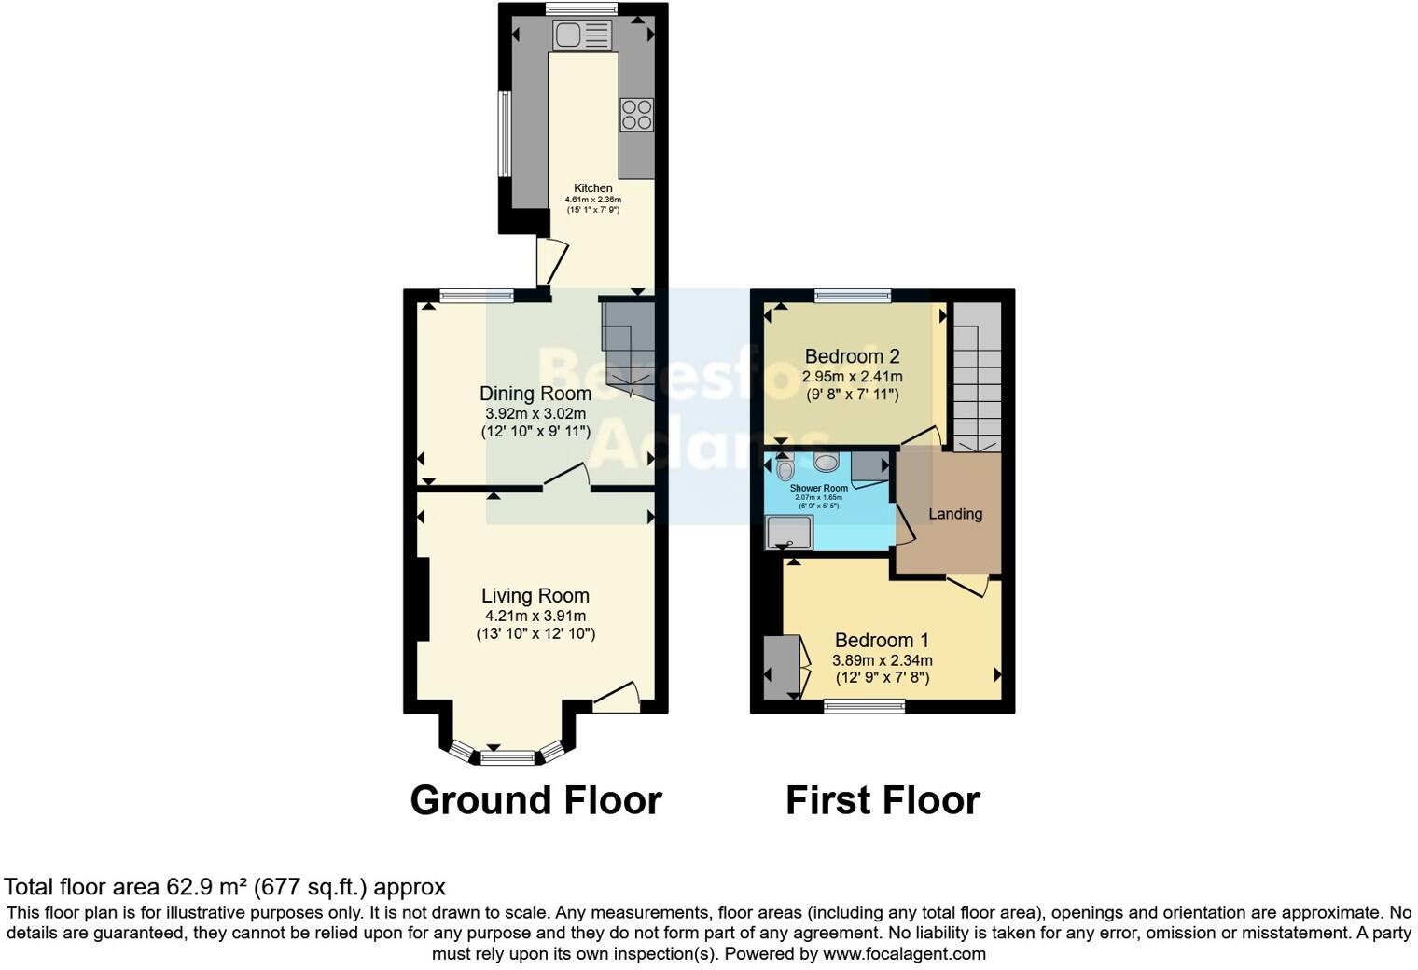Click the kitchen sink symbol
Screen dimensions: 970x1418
(x=583, y=35)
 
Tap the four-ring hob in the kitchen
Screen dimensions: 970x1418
(x=637, y=115)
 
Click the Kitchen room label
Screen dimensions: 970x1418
(x=593, y=188)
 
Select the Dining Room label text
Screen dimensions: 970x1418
(x=535, y=393)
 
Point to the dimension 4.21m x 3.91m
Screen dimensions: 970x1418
(x=535, y=616)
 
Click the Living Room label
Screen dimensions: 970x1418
(x=535, y=595)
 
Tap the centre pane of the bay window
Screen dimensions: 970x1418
(x=507, y=757)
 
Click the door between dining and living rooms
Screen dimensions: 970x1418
(x=566, y=477)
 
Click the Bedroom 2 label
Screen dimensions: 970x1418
(x=852, y=355)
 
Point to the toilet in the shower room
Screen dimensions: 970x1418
(x=785, y=467)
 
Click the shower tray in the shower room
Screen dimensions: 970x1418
(x=788, y=533)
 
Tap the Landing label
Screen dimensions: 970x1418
(x=955, y=514)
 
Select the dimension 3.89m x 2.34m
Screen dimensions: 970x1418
(x=882, y=660)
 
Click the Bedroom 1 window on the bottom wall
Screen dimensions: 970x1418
(x=865, y=707)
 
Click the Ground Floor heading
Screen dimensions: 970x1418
(x=535, y=800)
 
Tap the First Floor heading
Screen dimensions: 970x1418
(x=883, y=800)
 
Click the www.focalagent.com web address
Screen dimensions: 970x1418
(x=904, y=954)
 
